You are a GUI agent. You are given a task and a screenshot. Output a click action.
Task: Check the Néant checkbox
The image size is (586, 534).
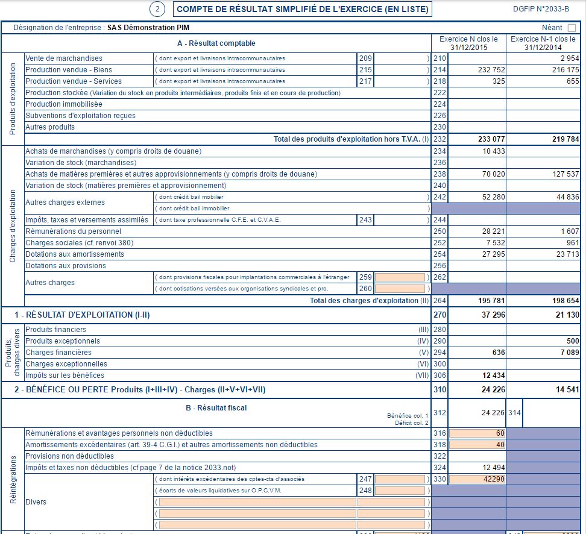pos(572,28)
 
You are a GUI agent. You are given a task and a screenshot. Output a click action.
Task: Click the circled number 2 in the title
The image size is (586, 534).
pos(157,9)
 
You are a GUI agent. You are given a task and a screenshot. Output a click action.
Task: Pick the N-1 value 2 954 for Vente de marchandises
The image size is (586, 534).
pos(569,58)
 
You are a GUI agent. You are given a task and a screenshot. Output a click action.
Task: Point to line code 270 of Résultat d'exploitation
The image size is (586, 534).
pos(439,315)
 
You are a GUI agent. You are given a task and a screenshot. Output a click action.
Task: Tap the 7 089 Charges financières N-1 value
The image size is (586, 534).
pos(569,353)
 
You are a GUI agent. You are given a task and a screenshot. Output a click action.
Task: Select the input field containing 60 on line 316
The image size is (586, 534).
pos(477,433)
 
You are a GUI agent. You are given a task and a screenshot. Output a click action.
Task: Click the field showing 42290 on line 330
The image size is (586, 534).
pos(477,479)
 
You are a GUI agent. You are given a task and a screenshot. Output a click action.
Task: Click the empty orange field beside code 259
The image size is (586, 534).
pos(400,277)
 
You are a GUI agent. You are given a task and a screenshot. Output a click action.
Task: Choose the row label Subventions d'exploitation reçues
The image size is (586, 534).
pos(81,116)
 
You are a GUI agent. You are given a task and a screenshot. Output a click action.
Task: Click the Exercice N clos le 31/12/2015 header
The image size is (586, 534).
pos(468,43)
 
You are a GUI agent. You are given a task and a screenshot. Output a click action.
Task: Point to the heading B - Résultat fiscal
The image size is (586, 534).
pos(216,408)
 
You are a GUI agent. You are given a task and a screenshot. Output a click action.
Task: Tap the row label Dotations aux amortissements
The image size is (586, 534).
pos(75,254)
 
